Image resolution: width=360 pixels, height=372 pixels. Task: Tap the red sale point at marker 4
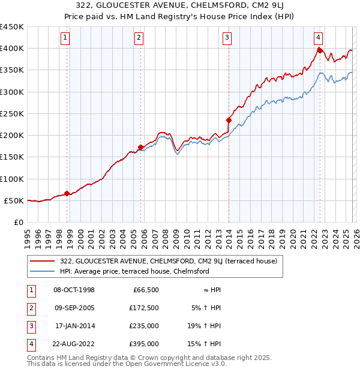(320, 50)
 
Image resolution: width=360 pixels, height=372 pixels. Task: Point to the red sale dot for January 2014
(229, 120)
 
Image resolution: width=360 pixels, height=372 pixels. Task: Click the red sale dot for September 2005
(140, 147)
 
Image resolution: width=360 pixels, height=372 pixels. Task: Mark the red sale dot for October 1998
(67, 193)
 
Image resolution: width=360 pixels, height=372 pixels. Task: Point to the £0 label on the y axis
(19, 222)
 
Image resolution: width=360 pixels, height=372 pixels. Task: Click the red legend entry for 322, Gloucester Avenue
(168, 261)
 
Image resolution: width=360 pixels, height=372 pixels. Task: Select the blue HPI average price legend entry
(134, 271)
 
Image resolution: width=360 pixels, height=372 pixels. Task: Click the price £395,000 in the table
(144, 344)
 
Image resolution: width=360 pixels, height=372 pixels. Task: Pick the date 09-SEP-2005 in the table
(74, 308)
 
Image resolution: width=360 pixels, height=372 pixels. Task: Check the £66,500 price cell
(146, 290)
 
